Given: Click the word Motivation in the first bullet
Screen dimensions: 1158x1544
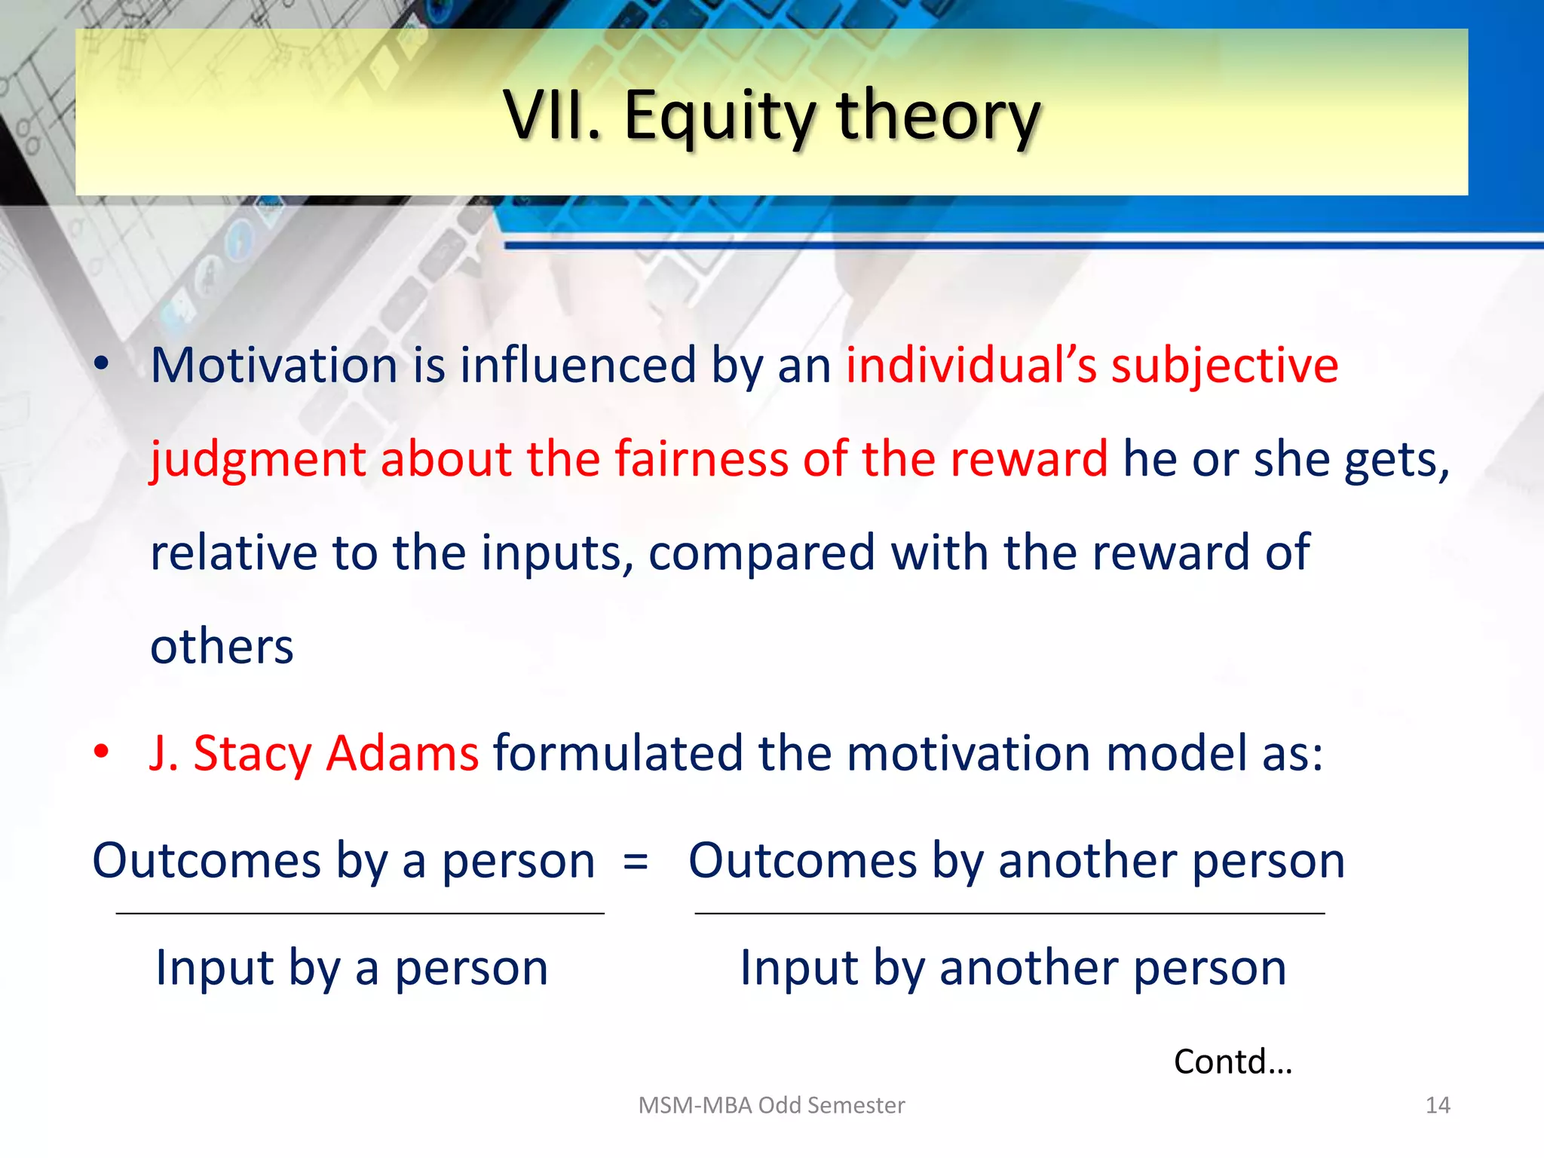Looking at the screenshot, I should pos(274,366).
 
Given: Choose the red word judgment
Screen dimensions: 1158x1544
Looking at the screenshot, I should pos(257,460).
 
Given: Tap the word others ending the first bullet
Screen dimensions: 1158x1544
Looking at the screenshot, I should pos(222,647).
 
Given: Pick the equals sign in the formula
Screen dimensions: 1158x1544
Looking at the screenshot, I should pos(636,861).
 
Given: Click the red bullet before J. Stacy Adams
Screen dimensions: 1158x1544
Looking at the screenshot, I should pos(102,752).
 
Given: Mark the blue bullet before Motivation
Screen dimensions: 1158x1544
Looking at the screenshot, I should pos(102,365).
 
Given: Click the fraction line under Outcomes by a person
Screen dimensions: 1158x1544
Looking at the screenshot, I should pos(360,913).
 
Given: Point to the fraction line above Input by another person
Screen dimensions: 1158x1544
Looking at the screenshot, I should pos(1009,913).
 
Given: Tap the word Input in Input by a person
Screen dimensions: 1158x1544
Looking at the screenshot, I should pos(214,968).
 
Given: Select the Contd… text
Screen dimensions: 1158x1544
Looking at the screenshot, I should pos(1233,1061).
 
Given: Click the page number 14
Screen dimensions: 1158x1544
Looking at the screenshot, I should pos(1437,1105).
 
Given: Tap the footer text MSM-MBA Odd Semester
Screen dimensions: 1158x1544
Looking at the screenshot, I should pos(771,1105).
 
